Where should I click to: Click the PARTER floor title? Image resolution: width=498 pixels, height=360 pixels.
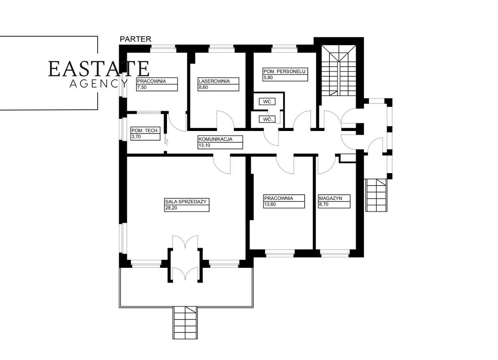tap(135, 39)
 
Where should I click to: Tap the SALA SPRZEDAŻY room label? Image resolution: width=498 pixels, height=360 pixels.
tap(186, 201)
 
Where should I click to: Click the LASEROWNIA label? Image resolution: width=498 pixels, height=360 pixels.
tap(214, 81)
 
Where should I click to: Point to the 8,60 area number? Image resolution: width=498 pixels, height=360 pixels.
tap(204, 88)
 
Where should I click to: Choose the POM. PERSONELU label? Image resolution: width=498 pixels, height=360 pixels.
tap(285, 71)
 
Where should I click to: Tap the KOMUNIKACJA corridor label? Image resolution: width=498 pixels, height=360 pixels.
tap(215, 140)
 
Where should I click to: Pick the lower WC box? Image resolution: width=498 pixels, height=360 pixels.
tap(267, 119)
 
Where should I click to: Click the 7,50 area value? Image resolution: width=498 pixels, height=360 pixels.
tap(142, 88)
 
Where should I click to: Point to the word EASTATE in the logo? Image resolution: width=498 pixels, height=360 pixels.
tap(99, 69)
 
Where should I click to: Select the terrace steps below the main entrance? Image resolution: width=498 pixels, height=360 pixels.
tap(185, 322)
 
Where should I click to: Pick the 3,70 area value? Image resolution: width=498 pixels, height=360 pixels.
tap(136, 136)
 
